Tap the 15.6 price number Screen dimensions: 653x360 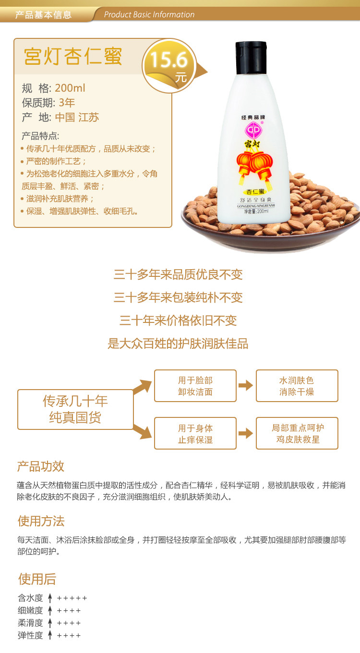click(168, 60)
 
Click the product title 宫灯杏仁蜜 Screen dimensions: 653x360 click(73, 56)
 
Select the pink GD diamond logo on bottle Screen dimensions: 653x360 click(253, 130)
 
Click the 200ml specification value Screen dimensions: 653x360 click(70, 88)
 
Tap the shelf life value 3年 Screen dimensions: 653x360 click(67, 103)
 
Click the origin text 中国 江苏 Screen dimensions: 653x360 click(77, 118)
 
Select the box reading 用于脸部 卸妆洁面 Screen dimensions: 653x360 click(195, 386)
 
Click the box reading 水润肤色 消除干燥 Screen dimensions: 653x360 click(297, 386)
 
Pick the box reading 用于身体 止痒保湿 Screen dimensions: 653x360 click(195, 434)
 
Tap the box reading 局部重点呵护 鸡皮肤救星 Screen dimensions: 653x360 click(297, 434)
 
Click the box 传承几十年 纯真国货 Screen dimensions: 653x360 click(75, 409)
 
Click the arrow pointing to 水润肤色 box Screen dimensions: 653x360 click(246, 385)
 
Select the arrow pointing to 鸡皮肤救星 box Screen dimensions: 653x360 click(246, 433)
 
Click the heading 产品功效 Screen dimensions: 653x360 click(41, 466)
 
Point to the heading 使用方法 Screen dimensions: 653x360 click(41, 521)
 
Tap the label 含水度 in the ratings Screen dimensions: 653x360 click(30, 598)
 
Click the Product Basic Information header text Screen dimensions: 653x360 click(149, 14)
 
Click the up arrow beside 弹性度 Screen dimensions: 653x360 click(49, 635)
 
